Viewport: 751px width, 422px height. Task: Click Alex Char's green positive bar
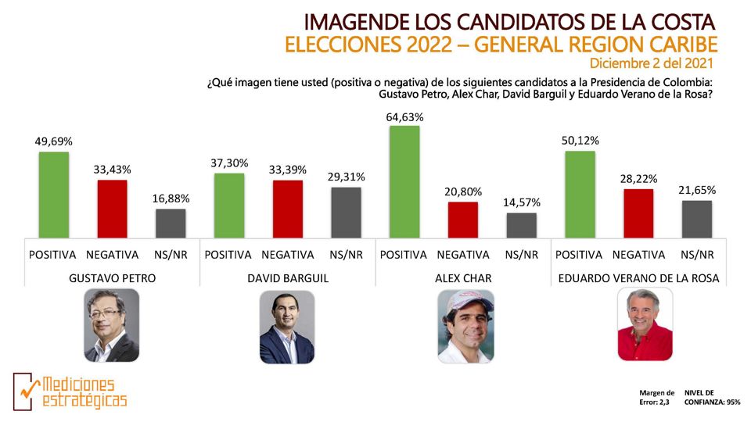pos(404,182)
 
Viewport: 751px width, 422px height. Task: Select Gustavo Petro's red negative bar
pos(112,209)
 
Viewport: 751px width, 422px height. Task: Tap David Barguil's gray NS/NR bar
pos(346,213)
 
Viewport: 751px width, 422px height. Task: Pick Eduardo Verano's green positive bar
pos(580,195)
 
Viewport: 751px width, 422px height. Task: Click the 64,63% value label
pos(404,117)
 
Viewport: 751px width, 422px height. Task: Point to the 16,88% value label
pos(171,198)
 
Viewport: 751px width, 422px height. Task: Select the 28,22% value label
pos(639,179)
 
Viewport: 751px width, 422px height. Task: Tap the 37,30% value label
pos(229,163)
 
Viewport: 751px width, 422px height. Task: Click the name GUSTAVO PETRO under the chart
pos(113,278)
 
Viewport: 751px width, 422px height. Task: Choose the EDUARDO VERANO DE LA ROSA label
pos(639,278)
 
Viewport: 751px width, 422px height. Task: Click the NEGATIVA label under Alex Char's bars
pos(463,255)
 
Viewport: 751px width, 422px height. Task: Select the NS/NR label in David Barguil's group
pos(346,255)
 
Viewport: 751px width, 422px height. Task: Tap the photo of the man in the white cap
pos(465,327)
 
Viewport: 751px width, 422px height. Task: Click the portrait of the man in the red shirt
pos(645,324)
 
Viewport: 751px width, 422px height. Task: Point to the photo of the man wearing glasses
pos(112,325)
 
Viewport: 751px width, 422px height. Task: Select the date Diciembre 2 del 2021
pos(652,63)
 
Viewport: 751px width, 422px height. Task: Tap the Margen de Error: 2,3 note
pos(656,398)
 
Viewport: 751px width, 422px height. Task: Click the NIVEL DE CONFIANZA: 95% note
pos(712,398)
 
